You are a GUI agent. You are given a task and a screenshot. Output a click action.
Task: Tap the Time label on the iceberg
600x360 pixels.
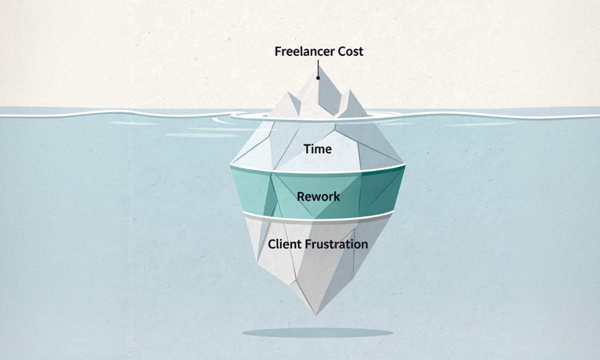pyautogui.click(x=317, y=149)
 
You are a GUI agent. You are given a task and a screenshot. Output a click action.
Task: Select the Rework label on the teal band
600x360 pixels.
pyautogui.click(x=318, y=196)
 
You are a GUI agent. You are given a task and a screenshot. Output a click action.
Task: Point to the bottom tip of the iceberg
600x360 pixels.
pyautogui.click(x=316, y=312)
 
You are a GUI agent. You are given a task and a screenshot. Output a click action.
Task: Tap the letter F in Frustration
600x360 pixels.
pyautogui.click(x=308, y=244)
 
